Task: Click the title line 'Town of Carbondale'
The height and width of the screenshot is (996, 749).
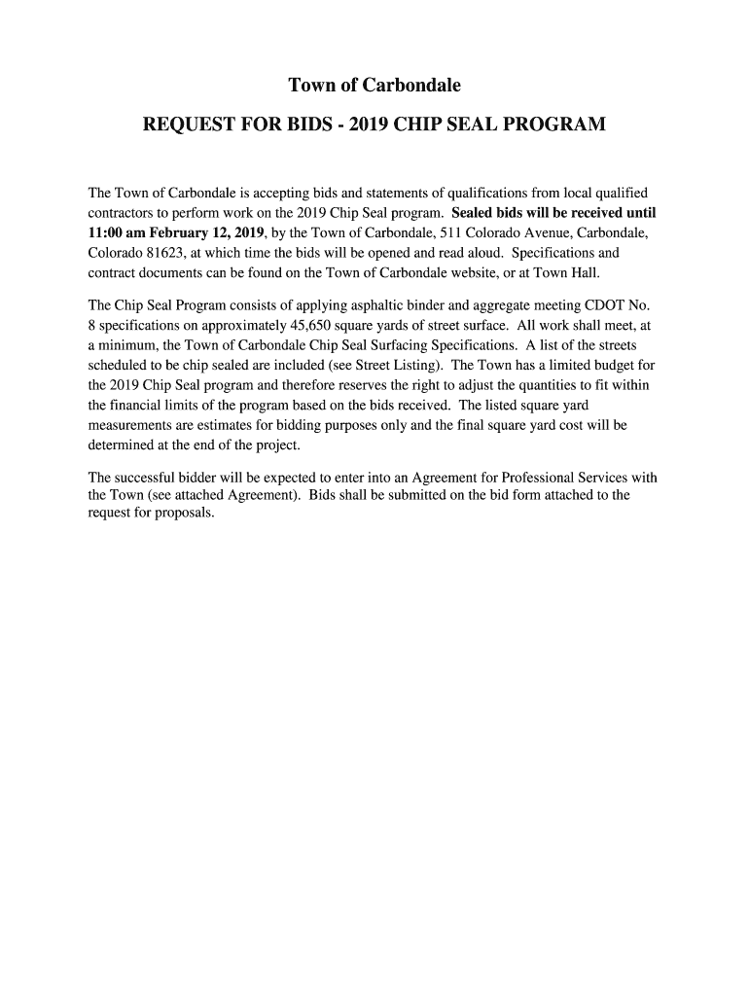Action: coord(374,87)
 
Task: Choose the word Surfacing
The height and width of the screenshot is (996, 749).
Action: coord(430,346)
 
